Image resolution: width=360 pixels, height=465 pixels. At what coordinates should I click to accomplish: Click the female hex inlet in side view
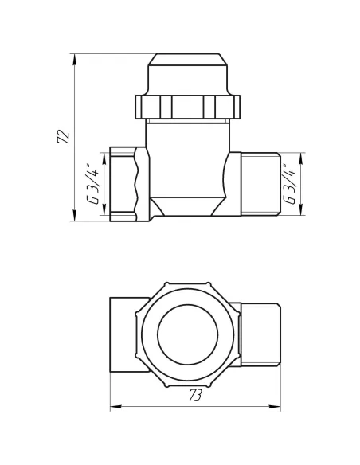[124, 184]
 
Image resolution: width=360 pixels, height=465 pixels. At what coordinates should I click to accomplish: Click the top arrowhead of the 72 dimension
[74, 56]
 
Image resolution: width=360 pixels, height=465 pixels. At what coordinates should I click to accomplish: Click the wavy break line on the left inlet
[142, 184]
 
